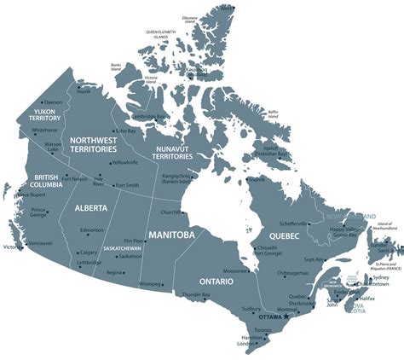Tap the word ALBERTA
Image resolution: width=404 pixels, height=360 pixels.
tap(90, 207)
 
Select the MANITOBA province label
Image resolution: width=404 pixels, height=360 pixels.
tap(171, 234)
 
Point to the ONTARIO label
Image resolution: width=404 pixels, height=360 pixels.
tap(216, 281)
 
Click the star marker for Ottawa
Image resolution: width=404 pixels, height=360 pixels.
tap(286, 316)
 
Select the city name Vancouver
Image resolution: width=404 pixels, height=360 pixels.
tap(40, 243)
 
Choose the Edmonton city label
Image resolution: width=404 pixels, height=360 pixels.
tap(91, 230)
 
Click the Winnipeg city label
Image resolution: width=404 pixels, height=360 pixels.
tap(150, 282)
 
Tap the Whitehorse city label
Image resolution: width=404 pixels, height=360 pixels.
tap(44, 131)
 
